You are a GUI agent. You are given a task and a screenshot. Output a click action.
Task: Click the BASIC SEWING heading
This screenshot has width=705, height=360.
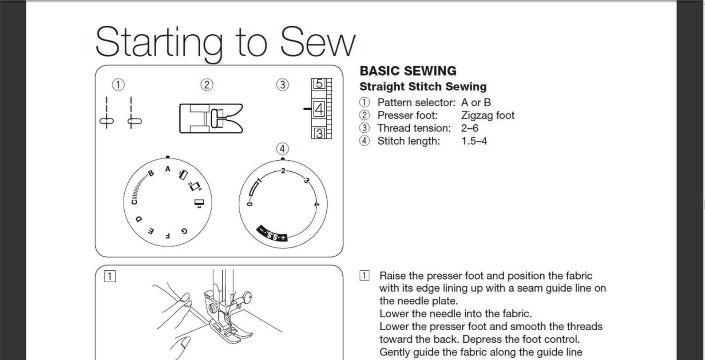tap(408, 71)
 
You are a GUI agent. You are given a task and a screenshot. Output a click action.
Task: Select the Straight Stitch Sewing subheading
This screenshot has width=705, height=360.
tap(423, 87)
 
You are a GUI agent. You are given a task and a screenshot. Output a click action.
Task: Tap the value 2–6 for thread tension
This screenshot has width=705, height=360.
tap(469, 128)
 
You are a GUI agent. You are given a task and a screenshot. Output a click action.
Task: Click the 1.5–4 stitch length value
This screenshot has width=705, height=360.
tap(474, 141)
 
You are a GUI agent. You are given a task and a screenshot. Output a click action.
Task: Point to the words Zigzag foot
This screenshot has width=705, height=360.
tap(487, 115)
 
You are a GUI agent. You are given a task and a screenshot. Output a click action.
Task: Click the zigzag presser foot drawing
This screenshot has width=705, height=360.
tap(211, 119)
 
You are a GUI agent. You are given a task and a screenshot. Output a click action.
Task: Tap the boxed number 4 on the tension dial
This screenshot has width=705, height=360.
tap(319, 109)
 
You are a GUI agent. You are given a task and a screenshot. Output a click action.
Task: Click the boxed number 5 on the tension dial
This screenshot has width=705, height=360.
tap(319, 84)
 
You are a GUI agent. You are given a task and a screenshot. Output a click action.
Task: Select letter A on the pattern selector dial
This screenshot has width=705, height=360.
tap(167, 169)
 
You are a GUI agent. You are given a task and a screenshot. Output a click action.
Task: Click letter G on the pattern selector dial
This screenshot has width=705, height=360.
tap(184, 231)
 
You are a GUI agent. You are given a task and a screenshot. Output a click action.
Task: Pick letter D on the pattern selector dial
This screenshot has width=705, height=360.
tap(139, 219)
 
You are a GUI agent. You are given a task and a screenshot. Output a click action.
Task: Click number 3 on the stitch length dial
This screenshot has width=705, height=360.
tap(306, 180)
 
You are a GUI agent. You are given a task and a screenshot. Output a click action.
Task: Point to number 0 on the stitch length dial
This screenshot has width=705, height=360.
tap(250, 203)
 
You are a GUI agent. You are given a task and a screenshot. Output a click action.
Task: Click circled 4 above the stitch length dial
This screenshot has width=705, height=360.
tap(282, 149)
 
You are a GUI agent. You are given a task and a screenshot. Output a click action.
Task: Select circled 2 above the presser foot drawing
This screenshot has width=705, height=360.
tap(206, 85)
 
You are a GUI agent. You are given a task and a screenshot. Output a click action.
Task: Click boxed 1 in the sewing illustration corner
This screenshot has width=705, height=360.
tap(110, 277)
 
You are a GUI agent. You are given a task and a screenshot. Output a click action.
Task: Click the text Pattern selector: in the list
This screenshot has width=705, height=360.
tap(416, 103)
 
